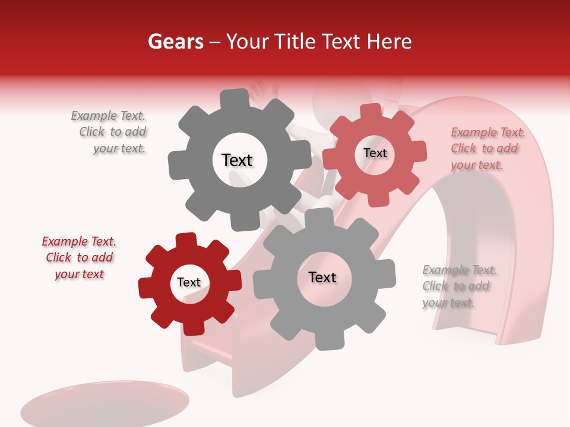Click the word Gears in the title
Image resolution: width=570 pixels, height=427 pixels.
175,42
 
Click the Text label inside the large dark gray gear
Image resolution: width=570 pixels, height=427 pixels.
237,160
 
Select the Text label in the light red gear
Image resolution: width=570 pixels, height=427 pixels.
375,153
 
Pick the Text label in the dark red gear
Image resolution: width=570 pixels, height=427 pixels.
189,283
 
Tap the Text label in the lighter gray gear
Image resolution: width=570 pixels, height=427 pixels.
322,278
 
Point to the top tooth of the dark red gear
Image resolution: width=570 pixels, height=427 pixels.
186,240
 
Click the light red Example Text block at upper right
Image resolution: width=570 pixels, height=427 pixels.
487,148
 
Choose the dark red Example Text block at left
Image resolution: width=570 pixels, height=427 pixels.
79,257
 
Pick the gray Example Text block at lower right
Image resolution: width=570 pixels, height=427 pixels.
458,286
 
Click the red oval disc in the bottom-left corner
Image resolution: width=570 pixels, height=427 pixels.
104,406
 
